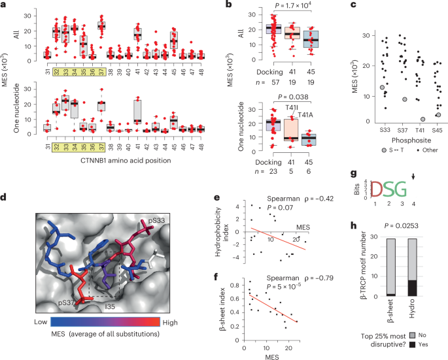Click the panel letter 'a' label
(x=3, y=5)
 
